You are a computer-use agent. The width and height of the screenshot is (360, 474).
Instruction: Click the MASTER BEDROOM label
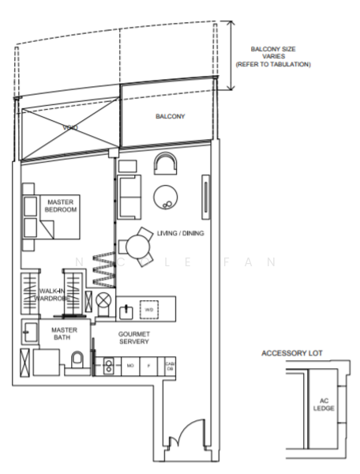tap(58, 206)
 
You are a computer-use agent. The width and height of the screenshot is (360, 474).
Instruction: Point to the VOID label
tap(69, 126)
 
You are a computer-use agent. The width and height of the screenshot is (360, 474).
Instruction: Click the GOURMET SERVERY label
tap(134, 339)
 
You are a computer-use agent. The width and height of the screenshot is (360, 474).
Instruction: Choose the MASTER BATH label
tap(62, 334)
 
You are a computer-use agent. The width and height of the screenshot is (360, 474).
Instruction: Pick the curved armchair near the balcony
tap(167, 164)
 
